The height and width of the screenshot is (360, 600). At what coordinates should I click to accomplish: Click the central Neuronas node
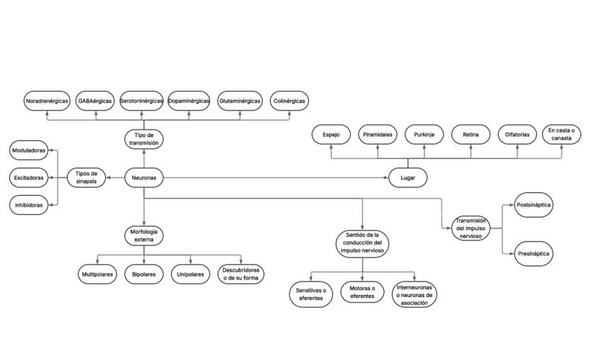pos(144,178)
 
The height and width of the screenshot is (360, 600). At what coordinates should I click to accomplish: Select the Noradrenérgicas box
pos(47,101)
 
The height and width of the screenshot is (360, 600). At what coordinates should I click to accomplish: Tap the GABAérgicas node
pos(95,101)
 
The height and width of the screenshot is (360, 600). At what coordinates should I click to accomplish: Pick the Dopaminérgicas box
pos(189,101)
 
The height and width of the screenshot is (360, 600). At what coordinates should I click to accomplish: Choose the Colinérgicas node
pos(289,101)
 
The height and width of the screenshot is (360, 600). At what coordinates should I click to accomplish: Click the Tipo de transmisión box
pos(144,139)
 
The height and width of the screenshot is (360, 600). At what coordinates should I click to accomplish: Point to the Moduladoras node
pos(30,151)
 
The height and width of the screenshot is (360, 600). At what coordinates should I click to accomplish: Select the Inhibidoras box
pos(29,205)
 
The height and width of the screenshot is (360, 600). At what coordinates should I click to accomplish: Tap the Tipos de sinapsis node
pos(86,178)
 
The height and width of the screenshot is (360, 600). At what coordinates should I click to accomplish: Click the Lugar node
pos(408,178)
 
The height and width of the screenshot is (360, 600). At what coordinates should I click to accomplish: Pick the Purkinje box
pos(425,134)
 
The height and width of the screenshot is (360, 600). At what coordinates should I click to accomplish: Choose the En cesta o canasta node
pos(562,134)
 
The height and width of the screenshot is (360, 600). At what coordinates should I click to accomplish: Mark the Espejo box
pos(331,134)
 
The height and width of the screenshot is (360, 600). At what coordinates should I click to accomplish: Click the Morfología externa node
pos(144,236)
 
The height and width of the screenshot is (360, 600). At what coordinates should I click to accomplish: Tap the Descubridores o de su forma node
pos(241,274)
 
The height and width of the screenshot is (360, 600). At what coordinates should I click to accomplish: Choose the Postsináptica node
pos(533,205)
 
